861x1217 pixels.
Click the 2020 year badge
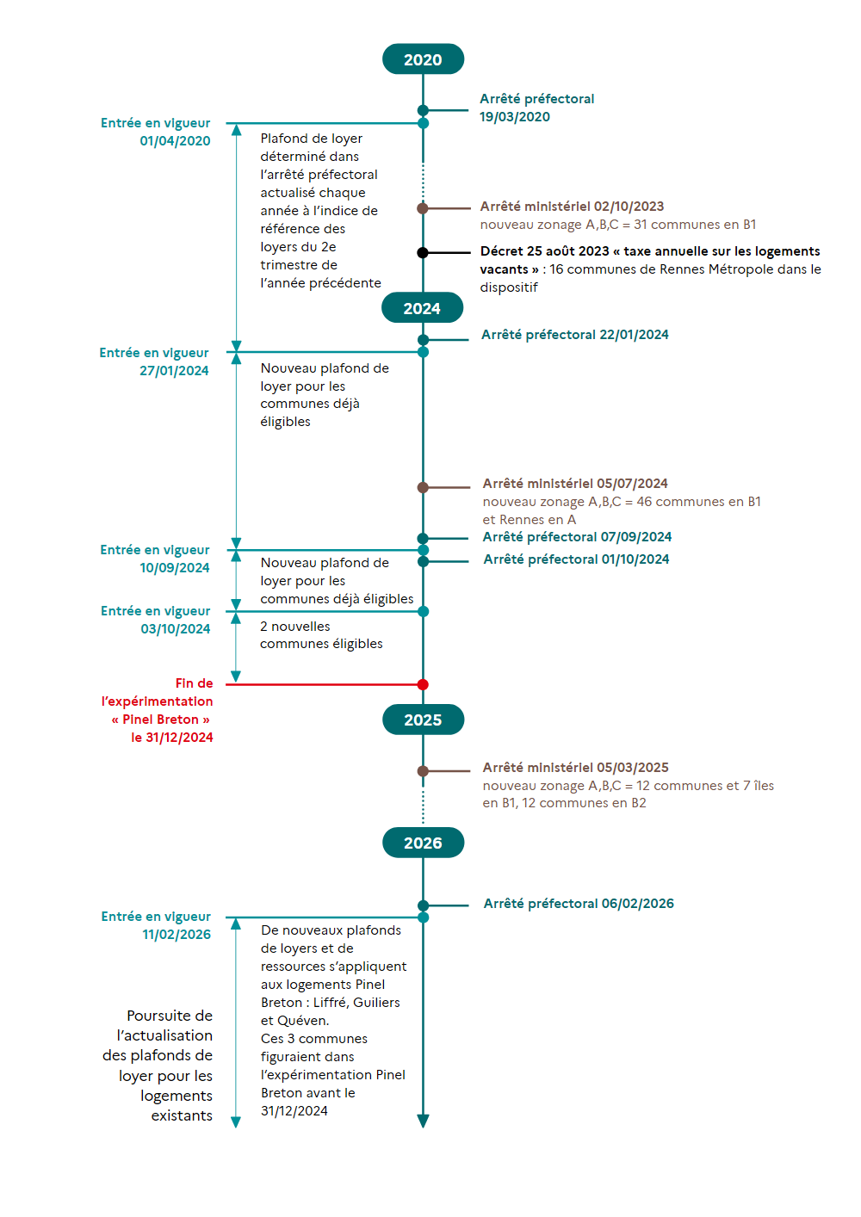coord(423,59)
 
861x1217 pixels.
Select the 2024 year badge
coord(423,308)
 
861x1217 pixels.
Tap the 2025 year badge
coord(423,720)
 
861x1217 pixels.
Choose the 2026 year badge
coord(423,843)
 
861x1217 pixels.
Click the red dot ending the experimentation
coord(423,684)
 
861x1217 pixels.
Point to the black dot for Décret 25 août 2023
coord(423,253)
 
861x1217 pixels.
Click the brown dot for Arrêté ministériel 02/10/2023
coord(423,208)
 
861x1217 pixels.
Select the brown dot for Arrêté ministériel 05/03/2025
coord(423,771)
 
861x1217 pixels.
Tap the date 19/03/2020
coord(514,117)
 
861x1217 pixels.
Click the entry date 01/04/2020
coord(175,140)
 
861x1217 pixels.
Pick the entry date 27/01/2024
coord(174,371)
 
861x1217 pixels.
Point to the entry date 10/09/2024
coord(175,568)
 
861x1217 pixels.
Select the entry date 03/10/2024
coord(175,628)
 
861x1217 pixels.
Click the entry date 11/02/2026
coord(177,934)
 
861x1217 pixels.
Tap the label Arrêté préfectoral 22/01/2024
coord(575,335)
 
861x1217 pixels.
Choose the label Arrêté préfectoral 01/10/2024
coord(576,559)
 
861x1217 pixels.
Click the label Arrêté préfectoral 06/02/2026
coord(579,903)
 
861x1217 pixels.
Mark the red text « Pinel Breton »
coord(160,720)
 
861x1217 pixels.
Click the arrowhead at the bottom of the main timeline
coord(423,1121)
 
